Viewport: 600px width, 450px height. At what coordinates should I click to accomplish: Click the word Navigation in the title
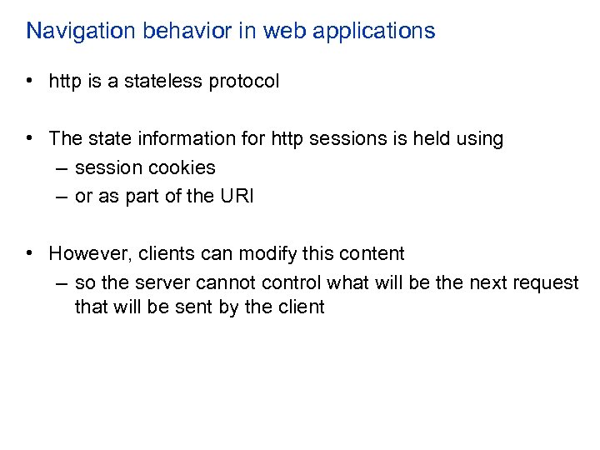click(73, 32)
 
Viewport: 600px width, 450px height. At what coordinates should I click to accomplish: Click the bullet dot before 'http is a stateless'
click(29, 82)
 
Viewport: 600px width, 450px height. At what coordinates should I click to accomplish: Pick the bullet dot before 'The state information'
click(29, 138)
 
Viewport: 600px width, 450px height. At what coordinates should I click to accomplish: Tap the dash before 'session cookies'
click(62, 167)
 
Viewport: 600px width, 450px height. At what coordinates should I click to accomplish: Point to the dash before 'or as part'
click(62, 196)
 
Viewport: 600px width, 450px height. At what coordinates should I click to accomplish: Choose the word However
click(86, 253)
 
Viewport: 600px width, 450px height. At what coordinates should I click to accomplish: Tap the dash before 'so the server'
click(62, 282)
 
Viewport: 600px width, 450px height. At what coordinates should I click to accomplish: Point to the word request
click(546, 283)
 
